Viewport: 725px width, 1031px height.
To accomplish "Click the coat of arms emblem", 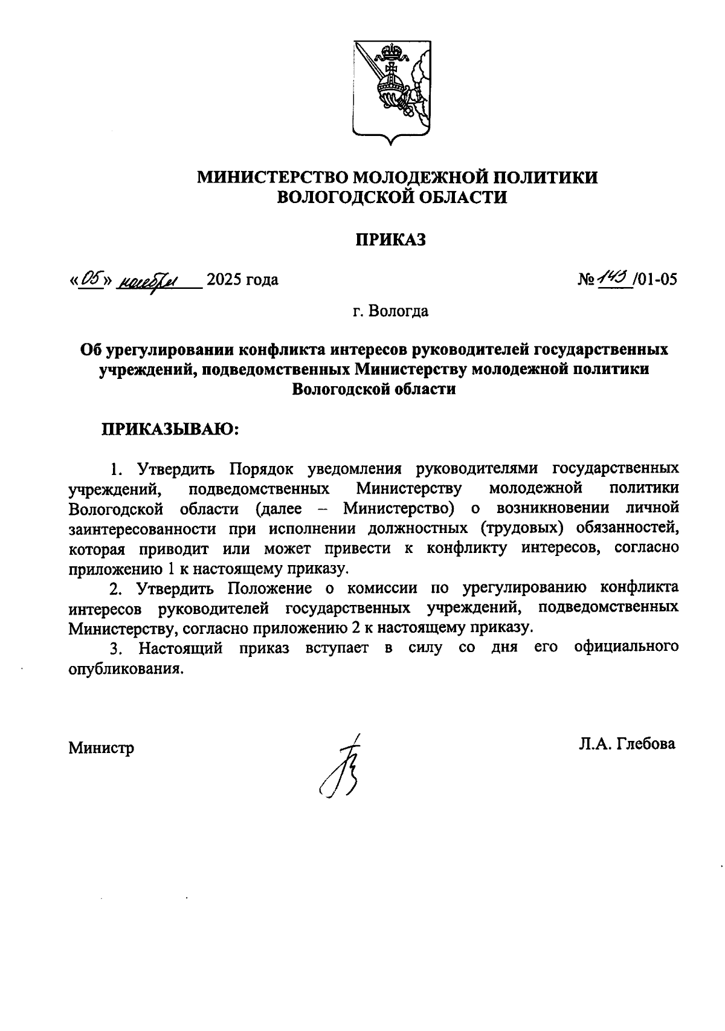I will coord(391,91).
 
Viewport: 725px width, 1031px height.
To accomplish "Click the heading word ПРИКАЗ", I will coord(390,239).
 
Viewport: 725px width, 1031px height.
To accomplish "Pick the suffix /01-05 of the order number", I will coord(656,279).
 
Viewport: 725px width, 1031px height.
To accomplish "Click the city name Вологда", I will coord(399,311).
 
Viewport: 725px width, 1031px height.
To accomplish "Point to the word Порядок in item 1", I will coord(260,468).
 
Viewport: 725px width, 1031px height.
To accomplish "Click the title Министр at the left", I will coord(101,748).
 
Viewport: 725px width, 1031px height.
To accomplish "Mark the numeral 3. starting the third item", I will coord(117,648).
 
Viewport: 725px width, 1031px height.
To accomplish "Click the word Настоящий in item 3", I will coord(181,648).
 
